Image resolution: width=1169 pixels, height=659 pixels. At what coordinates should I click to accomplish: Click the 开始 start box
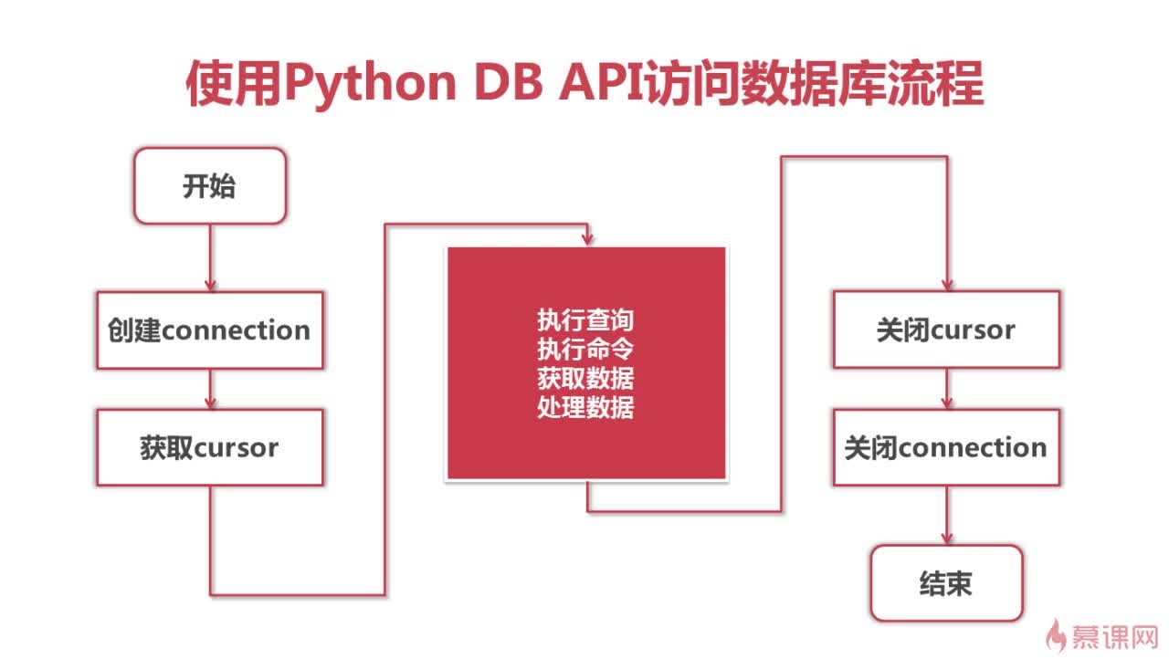coord(210,186)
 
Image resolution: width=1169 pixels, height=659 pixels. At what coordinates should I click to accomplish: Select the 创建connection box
coord(210,330)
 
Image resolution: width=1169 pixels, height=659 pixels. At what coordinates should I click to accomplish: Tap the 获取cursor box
coord(210,448)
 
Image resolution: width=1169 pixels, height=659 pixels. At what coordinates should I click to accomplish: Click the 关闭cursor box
coord(947,329)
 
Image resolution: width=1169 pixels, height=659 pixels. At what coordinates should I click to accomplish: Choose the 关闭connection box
coord(947,447)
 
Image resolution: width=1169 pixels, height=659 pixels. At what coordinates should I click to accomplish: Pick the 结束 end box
coord(947,583)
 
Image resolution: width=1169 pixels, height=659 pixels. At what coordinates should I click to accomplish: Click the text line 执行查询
coord(585,319)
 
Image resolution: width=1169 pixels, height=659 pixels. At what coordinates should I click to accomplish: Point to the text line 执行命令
coord(585,349)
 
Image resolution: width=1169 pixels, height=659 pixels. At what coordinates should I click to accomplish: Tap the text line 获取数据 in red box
coord(585,378)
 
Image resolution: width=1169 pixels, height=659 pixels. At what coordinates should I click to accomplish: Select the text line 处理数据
coord(585,407)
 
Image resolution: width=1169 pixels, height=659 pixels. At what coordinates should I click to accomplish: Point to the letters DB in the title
coord(509,82)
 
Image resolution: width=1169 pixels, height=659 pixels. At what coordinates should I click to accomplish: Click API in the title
coord(601,82)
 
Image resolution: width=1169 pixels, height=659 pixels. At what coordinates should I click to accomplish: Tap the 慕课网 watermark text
coord(1115,636)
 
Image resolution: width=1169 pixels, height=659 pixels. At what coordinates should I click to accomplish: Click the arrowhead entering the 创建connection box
coord(210,285)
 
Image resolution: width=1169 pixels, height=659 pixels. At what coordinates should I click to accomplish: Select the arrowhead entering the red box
coord(587,239)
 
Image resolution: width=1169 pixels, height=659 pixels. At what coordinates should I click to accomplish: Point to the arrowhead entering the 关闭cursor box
coord(947,284)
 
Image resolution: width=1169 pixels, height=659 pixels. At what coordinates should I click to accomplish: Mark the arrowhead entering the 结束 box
coord(947,539)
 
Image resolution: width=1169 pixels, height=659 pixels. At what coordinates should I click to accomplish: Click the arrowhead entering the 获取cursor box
coord(210,403)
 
